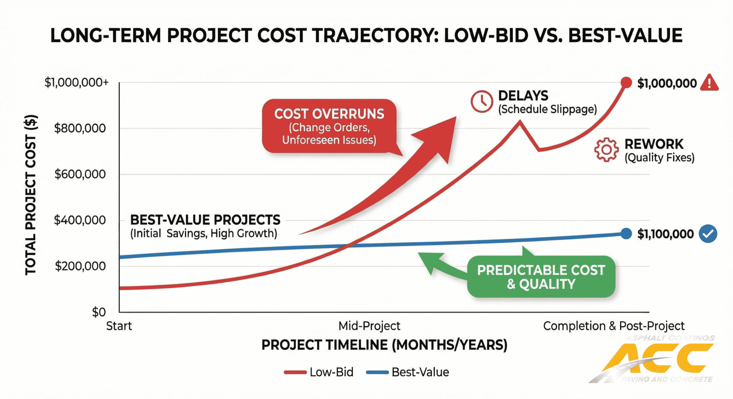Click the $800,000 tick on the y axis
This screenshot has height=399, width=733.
[x=80, y=128]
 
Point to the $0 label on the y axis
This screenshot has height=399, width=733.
[x=99, y=312]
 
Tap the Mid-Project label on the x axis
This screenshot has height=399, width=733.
[x=369, y=326]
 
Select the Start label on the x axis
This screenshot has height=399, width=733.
[x=119, y=326]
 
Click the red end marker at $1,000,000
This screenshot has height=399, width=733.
[x=626, y=83]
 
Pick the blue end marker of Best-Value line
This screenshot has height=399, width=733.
[x=626, y=234]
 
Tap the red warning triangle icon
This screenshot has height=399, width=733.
[x=709, y=83]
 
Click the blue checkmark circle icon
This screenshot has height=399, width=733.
[x=708, y=234]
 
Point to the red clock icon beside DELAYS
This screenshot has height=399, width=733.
[x=482, y=101]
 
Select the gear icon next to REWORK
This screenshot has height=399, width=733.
[x=606, y=150]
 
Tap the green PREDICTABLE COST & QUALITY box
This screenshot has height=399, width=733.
[x=541, y=277]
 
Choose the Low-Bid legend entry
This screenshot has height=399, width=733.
[x=319, y=372]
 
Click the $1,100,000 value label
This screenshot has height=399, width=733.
[x=665, y=234]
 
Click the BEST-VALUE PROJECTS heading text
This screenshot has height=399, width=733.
[x=205, y=220]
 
